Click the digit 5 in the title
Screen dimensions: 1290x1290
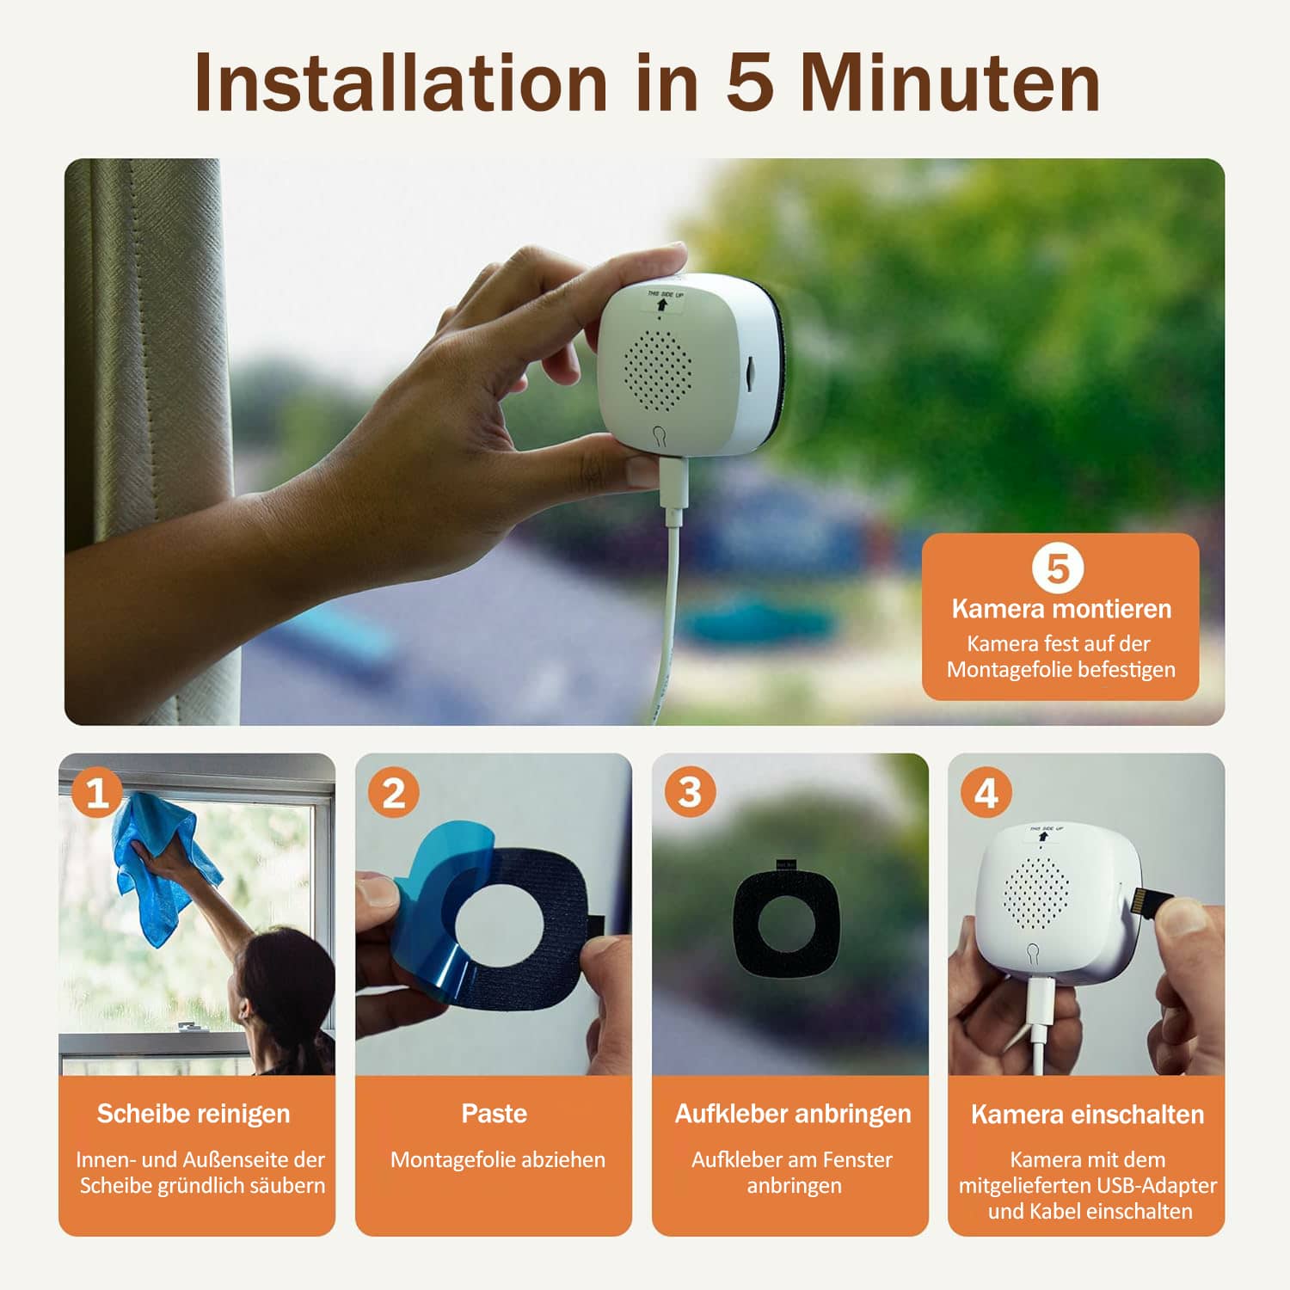750,83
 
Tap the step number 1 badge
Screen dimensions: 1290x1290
96,792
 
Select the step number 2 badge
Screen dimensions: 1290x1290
393,792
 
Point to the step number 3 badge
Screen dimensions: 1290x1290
690,792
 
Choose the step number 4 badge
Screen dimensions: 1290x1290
986,792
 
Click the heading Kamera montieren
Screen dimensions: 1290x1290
1061,609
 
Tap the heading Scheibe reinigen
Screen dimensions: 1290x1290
193,1114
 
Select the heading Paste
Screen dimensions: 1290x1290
494,1113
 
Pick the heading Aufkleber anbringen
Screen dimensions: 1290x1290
792,1114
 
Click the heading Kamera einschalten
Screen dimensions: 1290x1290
1087,1115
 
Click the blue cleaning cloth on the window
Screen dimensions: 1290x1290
163,869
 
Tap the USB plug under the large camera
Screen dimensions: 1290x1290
672,482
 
